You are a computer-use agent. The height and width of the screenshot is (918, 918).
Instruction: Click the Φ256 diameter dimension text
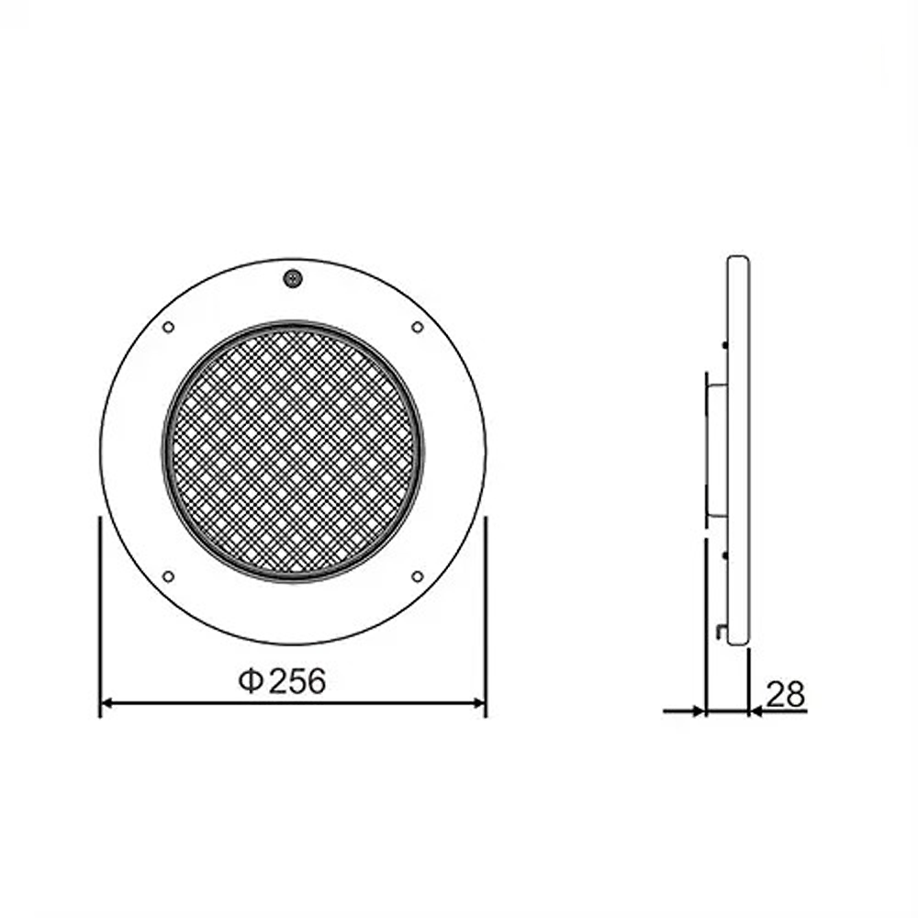tap(282, 681)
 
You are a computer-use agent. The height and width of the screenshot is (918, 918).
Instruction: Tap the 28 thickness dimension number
tap(785, 694)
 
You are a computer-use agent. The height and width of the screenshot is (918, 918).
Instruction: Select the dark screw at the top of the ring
tap(293, 279)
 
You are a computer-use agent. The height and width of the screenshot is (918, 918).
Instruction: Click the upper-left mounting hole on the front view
tap(168, 327)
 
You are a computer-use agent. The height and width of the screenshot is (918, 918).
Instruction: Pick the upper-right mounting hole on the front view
tap(418, 327)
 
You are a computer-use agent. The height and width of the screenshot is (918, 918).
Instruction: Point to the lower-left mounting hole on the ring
tap(168, 577)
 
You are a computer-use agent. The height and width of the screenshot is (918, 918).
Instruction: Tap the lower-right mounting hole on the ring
tap(418, 577)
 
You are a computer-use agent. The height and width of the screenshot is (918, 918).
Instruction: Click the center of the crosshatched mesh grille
tap(293, 452)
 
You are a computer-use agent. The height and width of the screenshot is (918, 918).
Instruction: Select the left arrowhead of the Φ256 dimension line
tap(107, 703)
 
